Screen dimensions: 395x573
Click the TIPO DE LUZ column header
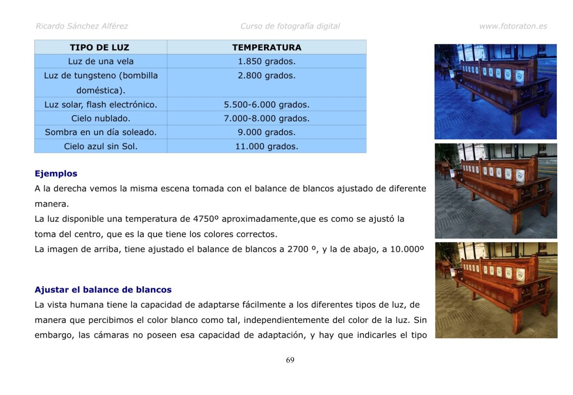(x=99, y=47)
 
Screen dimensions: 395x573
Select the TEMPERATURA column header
(x=266, y=47)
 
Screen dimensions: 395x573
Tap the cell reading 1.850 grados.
(x=266, y=61)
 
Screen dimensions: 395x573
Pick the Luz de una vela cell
(x=101, y=61)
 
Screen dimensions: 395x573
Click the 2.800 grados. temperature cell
(x=266, y=75)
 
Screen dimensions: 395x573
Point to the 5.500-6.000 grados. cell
(x=266, y=104)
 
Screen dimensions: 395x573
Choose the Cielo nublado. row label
(x=101, y=118)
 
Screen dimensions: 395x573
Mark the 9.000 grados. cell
(x=266, y=132)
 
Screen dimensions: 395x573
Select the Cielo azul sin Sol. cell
(x=101, y=146)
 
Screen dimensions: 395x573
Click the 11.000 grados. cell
(x=266, y=146)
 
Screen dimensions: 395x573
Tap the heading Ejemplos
(x=56, y=174)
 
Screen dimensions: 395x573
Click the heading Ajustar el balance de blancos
(x=103, y=290)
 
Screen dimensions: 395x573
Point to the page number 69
(x=290, y=360)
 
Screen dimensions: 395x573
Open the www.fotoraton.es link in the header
(x=513, y=26)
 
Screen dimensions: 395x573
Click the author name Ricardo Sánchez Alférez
(x=82, y=26)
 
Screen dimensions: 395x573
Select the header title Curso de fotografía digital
(x=290, y=26)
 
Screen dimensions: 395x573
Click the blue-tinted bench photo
(x=495, y=92)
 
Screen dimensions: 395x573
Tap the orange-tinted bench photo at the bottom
(x=496, y=290)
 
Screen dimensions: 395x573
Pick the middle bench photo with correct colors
(x=496, y=191)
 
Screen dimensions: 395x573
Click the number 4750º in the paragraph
(x=206, y=219)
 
